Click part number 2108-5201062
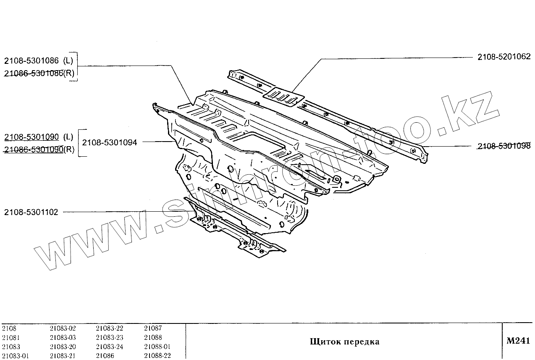coord(504,57)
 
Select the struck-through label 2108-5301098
coord(504,146)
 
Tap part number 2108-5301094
coord(110,142)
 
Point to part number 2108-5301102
coord(31,213)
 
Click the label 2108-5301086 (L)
coord(39,60)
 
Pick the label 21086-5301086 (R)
coord(39,73)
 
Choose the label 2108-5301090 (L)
coord(39,137)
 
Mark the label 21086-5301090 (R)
coord(39,150)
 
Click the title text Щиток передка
coord(344,342)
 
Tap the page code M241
coord(518,341)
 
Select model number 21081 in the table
coord(11,338)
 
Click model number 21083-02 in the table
coord(63,328)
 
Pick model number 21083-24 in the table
coord(109,347)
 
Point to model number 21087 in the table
coord(153,328)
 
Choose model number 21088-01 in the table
coord(157,347)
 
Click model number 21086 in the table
coord(105,356)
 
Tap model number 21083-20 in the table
coord(63,347)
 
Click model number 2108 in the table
coord(9,328)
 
